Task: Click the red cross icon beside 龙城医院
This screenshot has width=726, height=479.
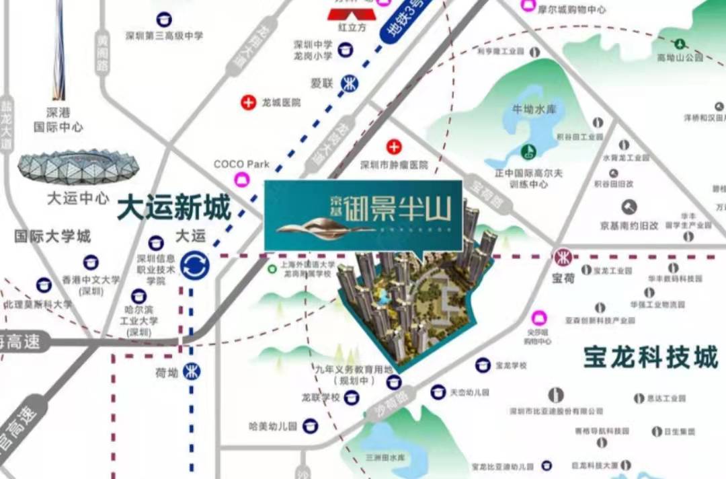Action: tap(249, 103)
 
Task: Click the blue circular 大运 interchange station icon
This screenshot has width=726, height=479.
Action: tap(195, 264)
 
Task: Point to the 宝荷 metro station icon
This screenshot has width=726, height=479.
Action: tap(561, 257)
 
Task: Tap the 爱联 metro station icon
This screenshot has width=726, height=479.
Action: tap(350, 83)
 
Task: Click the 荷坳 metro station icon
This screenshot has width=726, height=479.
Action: tap(192, 371)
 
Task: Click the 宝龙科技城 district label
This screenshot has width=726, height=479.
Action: tap(650, 357)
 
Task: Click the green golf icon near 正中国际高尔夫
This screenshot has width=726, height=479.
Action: tap(528, 151)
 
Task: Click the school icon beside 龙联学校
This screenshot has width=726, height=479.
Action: tap(352, 398)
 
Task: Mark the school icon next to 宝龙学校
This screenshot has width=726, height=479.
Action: tap(482, 365)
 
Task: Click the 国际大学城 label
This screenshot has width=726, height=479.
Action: tap(52, 237)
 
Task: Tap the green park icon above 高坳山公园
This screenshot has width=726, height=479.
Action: tap(680, 44)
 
